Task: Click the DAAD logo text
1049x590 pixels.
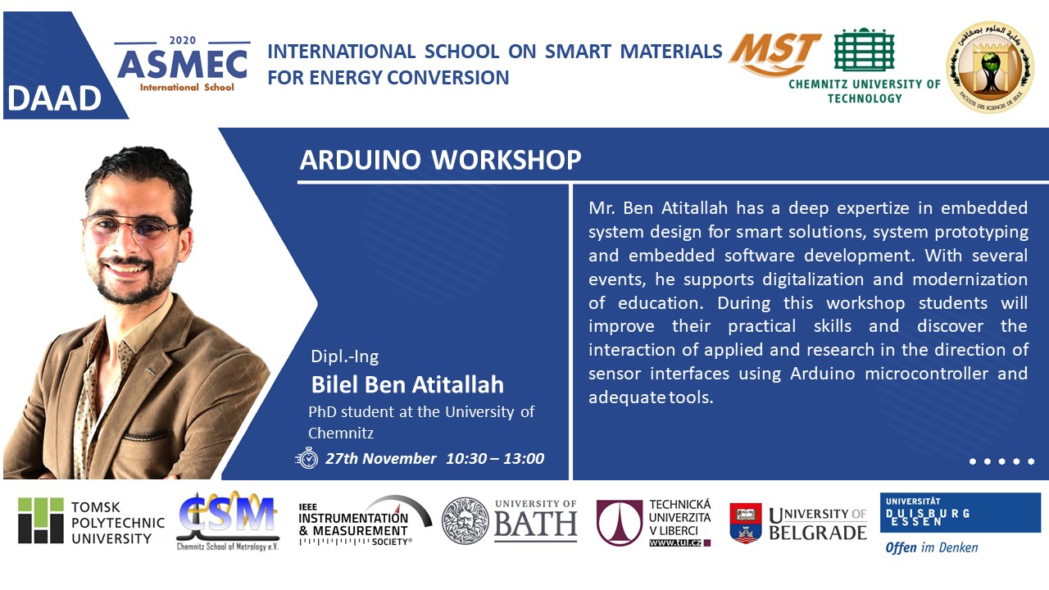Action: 54,99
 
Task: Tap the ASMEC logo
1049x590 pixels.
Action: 183,64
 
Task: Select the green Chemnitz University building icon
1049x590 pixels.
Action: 865,50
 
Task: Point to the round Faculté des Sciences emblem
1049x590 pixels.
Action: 990,67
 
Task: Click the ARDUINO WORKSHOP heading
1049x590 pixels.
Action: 440,160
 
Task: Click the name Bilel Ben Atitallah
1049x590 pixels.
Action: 407,384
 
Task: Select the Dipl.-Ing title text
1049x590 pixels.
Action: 345,356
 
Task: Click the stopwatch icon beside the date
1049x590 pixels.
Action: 307,458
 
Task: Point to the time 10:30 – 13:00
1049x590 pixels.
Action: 495,458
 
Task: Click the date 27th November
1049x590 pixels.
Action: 381,458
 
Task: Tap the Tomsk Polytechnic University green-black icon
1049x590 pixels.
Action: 41,520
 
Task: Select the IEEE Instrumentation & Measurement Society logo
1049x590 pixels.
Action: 366,520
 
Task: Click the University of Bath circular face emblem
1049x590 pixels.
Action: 465,520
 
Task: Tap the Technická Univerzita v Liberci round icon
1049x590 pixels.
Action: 619,523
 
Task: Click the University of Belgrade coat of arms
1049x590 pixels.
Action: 746,523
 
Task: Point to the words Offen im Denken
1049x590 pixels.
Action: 931,547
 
